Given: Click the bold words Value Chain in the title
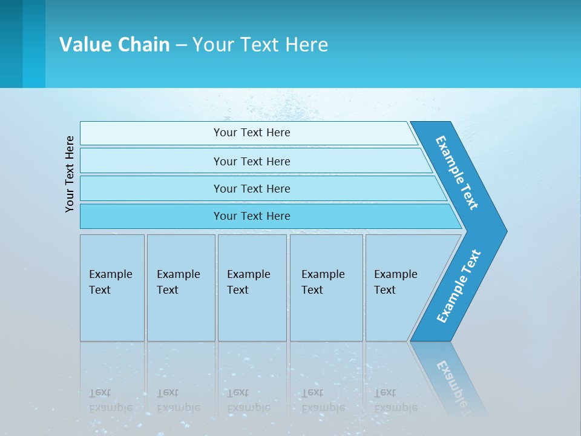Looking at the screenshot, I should click(x=114, y=45).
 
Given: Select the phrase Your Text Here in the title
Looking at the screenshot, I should click(x=260, y=45).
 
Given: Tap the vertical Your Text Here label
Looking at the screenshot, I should click(x=70, y=174).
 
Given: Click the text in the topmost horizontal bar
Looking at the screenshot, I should click(x=252, y=133).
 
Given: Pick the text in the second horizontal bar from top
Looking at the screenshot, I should click(x=252, y=162).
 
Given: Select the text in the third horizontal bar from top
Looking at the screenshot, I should click(x=252, y=189).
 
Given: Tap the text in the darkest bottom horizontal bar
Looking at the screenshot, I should click(x=252, y=216).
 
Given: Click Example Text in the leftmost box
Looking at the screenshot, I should click(x=110, y=282).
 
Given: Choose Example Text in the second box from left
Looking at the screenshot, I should click(x=178, y=282).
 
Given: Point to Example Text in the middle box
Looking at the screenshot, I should click(x=248, y=282).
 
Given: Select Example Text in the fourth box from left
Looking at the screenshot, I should click(x=323, y=282).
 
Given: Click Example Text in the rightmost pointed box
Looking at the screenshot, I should click(x=395, y=282).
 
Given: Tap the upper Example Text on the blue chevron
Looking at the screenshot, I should click(x=457, y=173).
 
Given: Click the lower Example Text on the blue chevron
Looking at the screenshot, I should click(x=459, y=286).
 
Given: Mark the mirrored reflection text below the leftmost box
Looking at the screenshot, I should click(x=110, y=400).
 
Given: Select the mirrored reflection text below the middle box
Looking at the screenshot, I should click(x=248, y=400).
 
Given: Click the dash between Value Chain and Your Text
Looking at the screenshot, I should click(x=181, y=45).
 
